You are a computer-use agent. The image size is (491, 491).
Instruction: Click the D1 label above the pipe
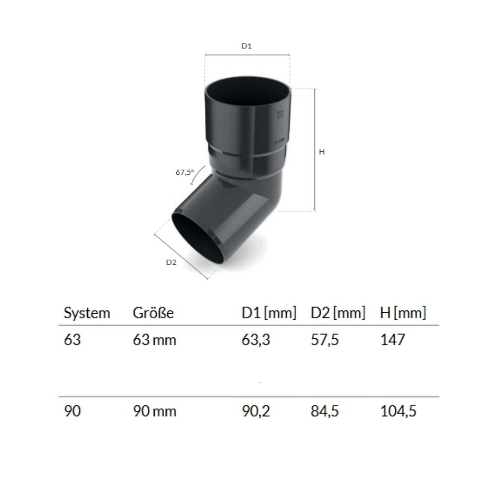(246, 46)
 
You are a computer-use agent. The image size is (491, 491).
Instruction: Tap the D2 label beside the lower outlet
(171, 262)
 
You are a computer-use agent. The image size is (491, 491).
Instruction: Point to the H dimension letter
(322, 152)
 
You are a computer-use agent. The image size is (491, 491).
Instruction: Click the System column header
(87, 313)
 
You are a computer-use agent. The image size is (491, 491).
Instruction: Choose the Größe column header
(153, 313)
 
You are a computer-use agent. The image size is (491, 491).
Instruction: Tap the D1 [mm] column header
(269, 313)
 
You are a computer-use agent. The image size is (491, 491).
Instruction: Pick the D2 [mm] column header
(338, 313)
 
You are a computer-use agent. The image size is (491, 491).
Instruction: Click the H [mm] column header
(403, 313)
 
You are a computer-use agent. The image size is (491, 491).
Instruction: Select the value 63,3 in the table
(255, 340)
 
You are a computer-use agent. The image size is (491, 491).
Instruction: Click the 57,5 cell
(325, 340)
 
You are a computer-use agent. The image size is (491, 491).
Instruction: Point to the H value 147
(393, 340)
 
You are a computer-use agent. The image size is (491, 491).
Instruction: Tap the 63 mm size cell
(154, 340)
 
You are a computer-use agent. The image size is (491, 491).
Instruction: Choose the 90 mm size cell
(154, 411)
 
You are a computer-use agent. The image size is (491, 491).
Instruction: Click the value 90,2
(256, 411)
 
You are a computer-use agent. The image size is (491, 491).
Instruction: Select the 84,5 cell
(325, 411)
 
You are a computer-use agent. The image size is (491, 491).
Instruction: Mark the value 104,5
(398, 411)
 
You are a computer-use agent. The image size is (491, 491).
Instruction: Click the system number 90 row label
(72, 411)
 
